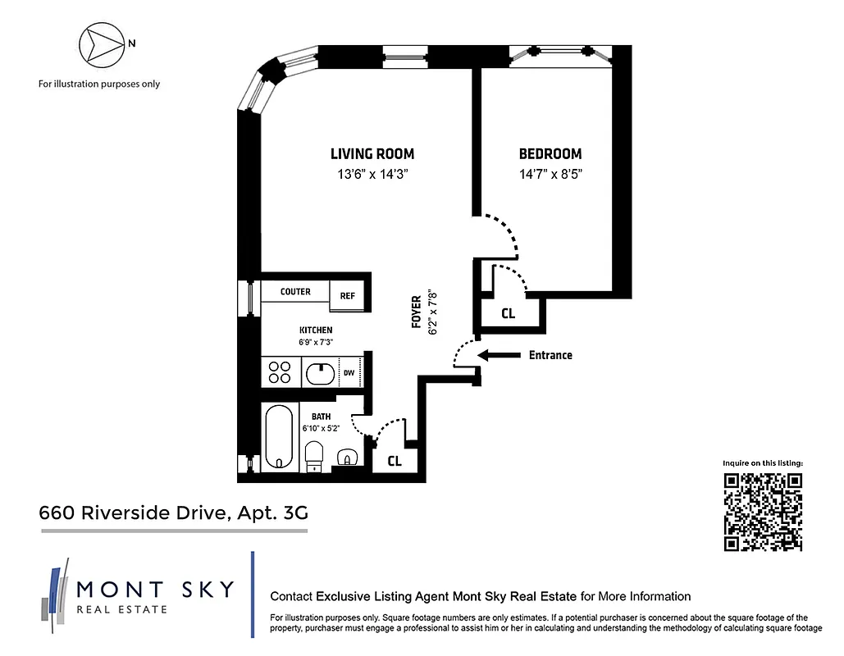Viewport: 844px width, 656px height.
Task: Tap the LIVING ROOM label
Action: [372, 153]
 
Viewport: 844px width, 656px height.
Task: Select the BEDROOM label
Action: [550, 153]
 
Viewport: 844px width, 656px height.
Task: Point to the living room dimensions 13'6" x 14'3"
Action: [372, 174]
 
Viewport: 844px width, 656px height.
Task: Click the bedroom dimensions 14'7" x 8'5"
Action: [550, 174]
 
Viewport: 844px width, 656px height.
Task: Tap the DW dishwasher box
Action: [349, 373]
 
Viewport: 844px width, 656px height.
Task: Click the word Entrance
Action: [550, 355]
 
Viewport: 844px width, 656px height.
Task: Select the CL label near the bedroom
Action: [508, 313]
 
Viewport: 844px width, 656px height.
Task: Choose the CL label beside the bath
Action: [395, 461]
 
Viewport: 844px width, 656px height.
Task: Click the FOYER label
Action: [417, 312]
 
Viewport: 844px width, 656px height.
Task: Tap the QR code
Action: [763, 512]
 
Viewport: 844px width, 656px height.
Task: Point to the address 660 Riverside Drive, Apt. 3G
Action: [174, 513]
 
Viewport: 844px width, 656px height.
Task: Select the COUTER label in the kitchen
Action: [295, 292]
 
